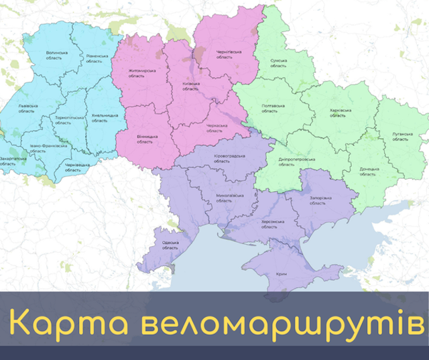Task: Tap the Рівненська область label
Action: (x=94, y=59)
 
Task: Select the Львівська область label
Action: (x=27, y=109)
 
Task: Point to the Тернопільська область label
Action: (x=64, y=120)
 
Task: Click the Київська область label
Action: (x=191, y=86)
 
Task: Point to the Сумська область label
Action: (x=278, y=63)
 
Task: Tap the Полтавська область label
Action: (x=273, y=109)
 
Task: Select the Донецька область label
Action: (x=369, y=172)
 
